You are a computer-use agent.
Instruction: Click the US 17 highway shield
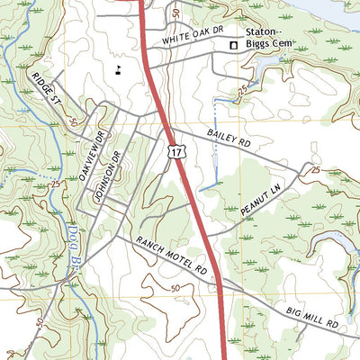(x=176, y=154)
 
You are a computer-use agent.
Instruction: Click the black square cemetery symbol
(x=232, y=45)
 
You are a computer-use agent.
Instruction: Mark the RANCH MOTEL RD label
(x=171, y=256)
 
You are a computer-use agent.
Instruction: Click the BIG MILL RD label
(x=312, y=316)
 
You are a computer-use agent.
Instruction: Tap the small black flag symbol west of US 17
(x=117, y=66)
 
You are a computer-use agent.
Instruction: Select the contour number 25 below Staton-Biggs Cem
(x=244, y=91)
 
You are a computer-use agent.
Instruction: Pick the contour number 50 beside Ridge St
(x=70, y=120)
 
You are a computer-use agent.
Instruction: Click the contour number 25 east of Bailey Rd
(x=314, y=169)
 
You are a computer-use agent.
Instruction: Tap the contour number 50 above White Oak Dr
(x=175, y=14)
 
